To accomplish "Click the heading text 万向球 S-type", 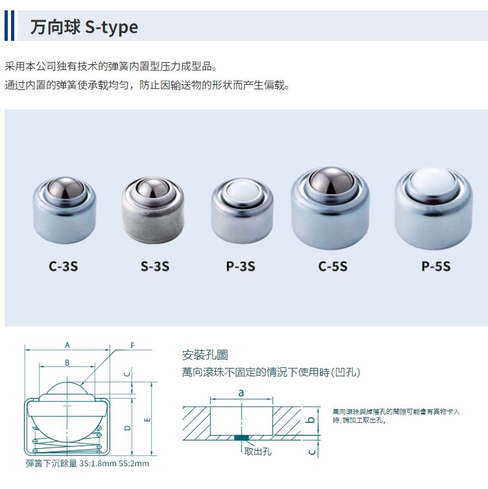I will click(x=84, y=27).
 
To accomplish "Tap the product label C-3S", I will click(x=63, y=266).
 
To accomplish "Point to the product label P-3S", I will click(x=240, y=266).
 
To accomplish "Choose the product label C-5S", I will click(x=332, y=266).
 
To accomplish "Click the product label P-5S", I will click(x=436, y=266).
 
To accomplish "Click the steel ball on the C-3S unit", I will click(x=65, y=190).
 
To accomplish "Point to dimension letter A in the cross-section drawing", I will click(x=67, y=345).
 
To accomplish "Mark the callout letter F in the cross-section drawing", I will click(x=132, y=345).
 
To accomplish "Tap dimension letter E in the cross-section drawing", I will click(x=148, y=420).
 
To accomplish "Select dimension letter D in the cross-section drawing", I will click(x=128, y=427).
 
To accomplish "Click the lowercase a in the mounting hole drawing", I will click(x=241, y=392).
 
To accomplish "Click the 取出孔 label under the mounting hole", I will click(x=258, y=451).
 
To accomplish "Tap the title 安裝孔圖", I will click(x=205, y=355).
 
